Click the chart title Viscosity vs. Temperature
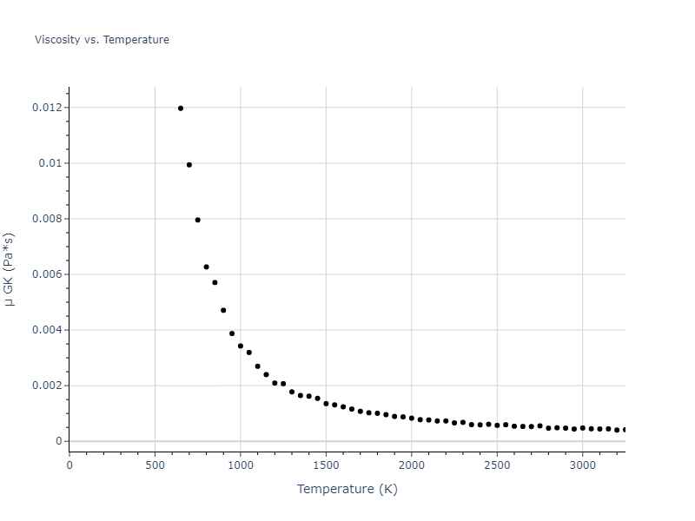pos(102,40)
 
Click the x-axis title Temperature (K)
pos(347,489)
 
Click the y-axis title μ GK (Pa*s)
pos(10,268)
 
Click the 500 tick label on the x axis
pos(155,465)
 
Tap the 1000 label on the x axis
pos(241,465)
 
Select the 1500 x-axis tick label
pos(326,465)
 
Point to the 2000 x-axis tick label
pos(411,465)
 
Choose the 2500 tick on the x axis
pos(497,465)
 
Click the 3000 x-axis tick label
pos(582,465)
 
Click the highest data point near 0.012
pos(181,109)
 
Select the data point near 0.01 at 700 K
pos(189,165)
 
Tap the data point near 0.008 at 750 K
pos(198,220)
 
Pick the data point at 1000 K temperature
pos(241,346)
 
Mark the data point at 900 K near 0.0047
pos(223,310)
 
